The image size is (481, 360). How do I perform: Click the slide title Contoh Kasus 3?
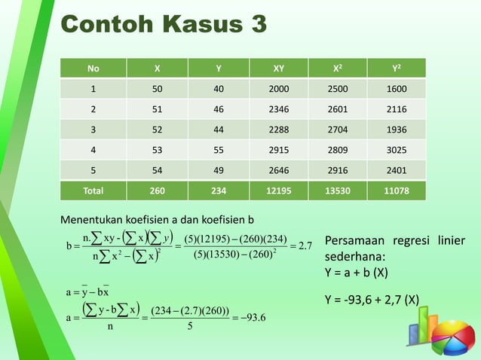tap(164, 24)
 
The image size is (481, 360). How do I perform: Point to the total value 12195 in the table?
tap(278, 191)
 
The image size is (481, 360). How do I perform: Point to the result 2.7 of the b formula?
tap(305, 246)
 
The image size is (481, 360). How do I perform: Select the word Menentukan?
tap(93, 220)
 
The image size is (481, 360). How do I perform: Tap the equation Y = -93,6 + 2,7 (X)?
tap(372, 301)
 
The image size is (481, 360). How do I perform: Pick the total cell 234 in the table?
tap(219, 191)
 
